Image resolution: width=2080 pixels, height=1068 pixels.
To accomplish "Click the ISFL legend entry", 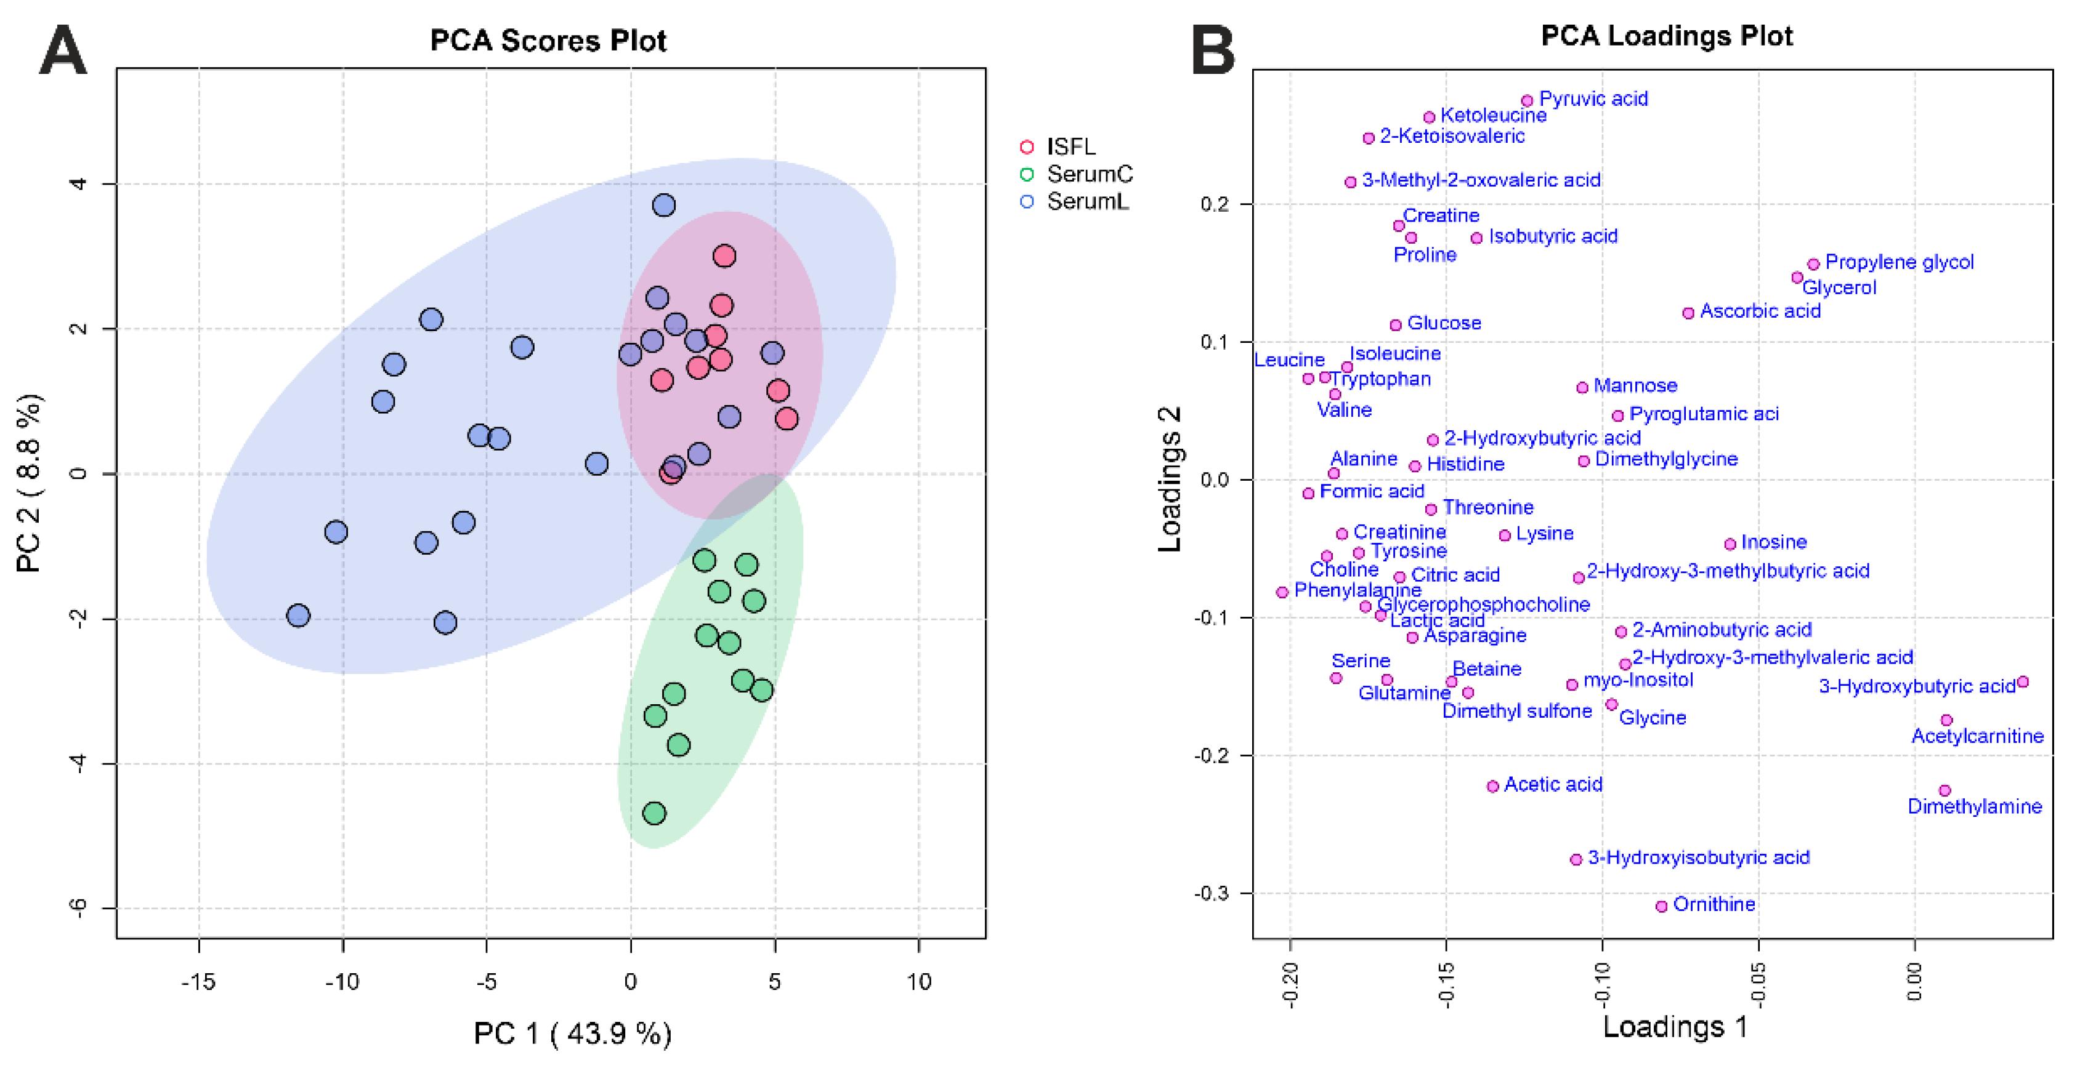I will [1070, 147].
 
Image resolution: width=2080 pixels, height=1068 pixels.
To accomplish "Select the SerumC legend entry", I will [1088, 174].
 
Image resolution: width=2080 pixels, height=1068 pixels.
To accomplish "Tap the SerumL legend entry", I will [1087, 202].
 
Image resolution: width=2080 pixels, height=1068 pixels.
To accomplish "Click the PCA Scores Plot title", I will [548, 41].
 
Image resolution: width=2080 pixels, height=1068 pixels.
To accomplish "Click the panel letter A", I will [63, 50].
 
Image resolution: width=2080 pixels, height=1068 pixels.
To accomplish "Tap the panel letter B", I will [1213, 50].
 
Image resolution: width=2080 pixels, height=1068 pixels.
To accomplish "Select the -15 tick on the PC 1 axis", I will [198, 982].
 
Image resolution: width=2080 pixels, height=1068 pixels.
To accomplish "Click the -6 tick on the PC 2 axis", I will [78, 908].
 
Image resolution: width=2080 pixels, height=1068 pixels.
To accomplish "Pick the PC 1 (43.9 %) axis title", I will [572, 1034].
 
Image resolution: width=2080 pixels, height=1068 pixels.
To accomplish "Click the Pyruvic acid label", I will [1592, 98].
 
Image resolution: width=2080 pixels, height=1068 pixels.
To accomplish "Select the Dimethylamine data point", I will [1944, 790].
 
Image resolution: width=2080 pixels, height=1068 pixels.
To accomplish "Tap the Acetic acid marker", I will [1492, 785].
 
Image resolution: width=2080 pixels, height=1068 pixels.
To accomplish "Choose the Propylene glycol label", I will [1898, 262].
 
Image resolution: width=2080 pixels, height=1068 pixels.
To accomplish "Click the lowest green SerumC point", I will [654, 813].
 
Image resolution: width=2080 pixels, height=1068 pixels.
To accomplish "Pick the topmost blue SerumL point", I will [664, 205].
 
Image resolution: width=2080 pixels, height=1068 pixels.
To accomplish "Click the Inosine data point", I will [1730, 544].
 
